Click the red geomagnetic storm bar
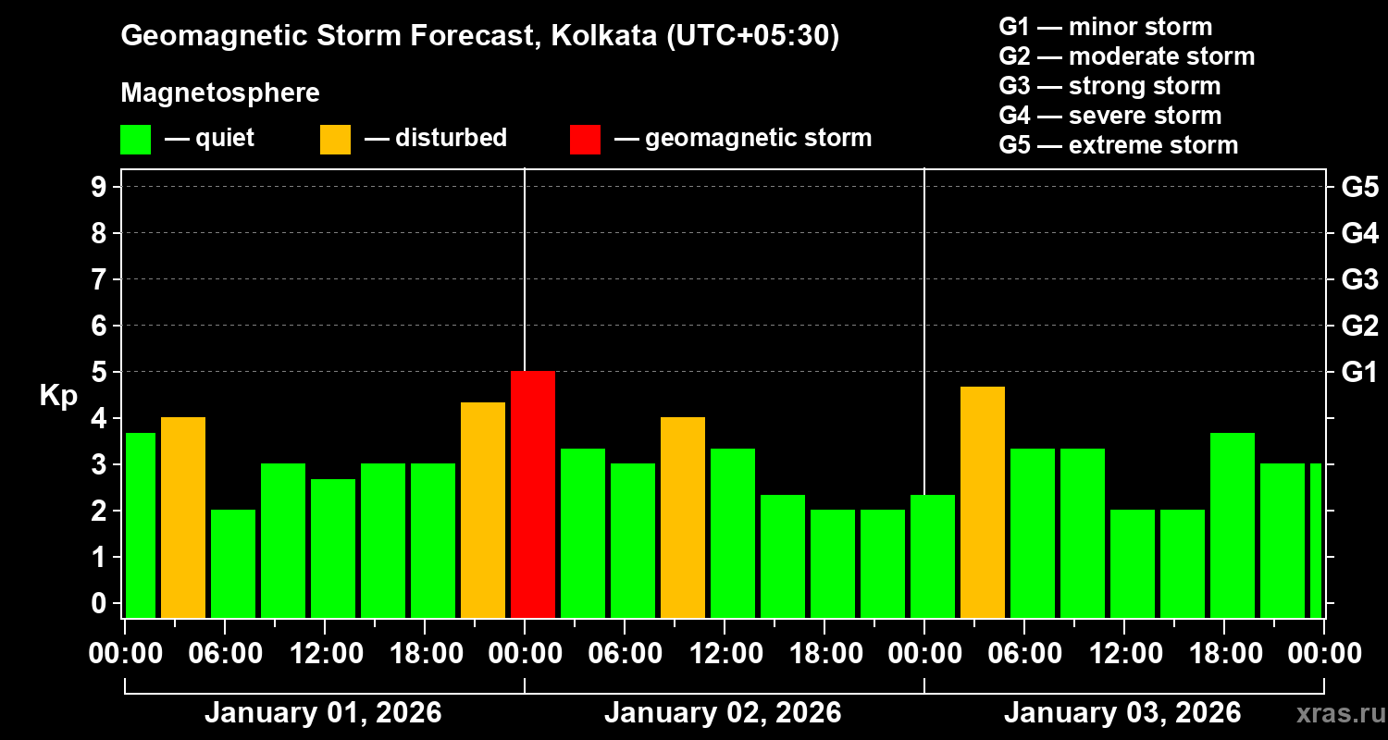tap(533, 494)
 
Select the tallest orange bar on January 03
tap(983, 501)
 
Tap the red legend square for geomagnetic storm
tap(585, 139)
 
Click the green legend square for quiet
tap(135, 139)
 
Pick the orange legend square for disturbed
tap(335, 139)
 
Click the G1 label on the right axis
tap(1359, 372)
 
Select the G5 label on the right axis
tap(1359, 187)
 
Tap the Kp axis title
tap(58, 395)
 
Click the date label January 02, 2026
tap(723, 713)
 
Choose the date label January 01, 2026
tap(323, 713)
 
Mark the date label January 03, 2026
tap(1122, 713)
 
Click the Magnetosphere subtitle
tap(220, 93)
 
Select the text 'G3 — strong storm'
tap(1109, 86)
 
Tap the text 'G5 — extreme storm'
tap(1118, 145)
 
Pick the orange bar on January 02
tap(683, 517)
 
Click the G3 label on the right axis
tap(1359, 279)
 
